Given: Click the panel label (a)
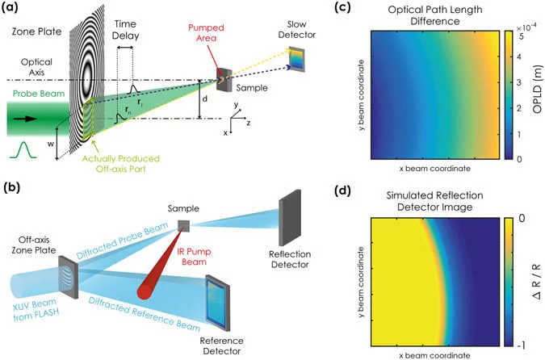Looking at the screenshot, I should [15, 10].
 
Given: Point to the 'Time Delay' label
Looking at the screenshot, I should [131, 31].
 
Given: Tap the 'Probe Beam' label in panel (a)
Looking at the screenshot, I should [33, 93].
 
